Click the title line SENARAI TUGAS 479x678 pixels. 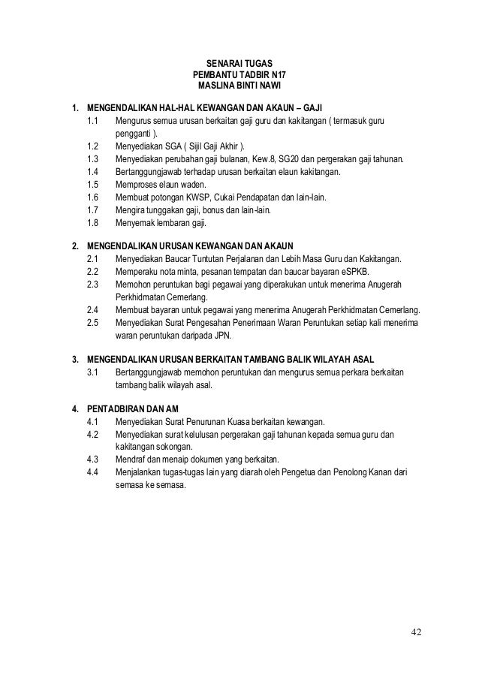(x=239, y=63)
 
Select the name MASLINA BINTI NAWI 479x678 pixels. (x=239, y=87)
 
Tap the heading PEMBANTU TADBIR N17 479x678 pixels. (x=239, y=75)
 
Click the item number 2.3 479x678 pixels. (x=93, y=284)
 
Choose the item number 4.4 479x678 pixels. (x=93, y=472)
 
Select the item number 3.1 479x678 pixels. (x=93, y=372)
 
